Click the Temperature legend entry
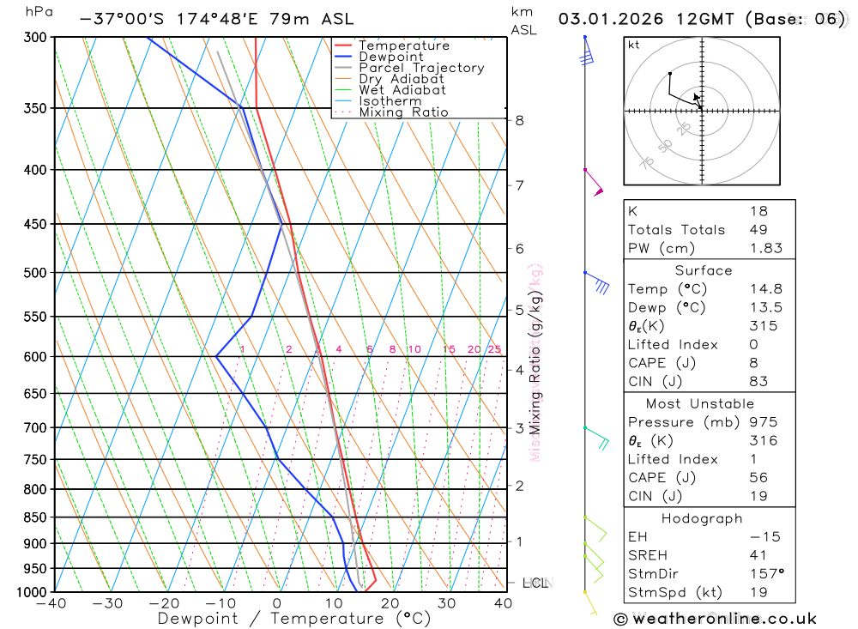click(x=403, y=45)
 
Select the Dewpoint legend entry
click(x=390, y=57)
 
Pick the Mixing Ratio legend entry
click(x=403, y=112)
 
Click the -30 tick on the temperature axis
click(x=107, y=603)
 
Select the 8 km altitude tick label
click(x=520, y=120)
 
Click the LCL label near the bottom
click(x=535, y=584)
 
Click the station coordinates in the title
click(x=172, y=18)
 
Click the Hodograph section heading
click(x=702, y=518)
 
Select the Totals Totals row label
click(x=676, y=229)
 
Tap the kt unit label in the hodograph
click(x=634, y=45)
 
